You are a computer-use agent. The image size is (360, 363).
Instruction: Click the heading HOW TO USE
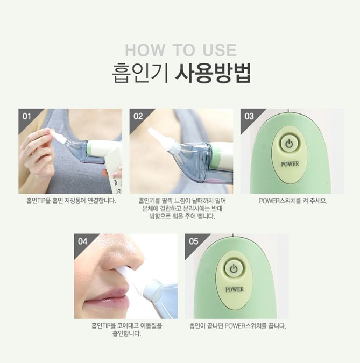point(181,50)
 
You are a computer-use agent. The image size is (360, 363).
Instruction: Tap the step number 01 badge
point(27,116)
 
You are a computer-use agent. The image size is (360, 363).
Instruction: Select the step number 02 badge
point(138,116)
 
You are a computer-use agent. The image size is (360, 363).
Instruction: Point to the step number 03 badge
point(249,116)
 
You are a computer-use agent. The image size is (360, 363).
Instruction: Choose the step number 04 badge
point(82,241)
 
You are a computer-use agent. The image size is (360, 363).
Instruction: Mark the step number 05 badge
point(193,241)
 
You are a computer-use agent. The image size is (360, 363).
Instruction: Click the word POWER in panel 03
point(290,164)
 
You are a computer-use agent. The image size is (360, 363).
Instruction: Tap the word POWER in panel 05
point(235,290)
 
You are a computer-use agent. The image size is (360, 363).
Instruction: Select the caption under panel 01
point(71,201)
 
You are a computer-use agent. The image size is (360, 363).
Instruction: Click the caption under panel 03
point(293,201)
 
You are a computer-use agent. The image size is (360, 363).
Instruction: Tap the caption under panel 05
point(237,326)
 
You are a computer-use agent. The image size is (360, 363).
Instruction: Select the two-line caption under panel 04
point(126,330)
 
